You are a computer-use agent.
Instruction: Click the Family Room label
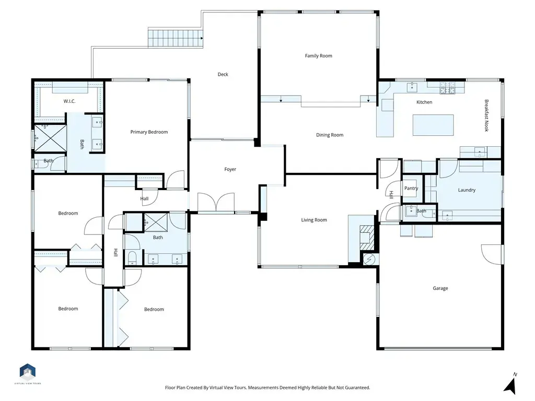[318, 55]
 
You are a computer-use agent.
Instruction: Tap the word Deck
[223, 74]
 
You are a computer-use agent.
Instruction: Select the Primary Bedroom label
[149, 132]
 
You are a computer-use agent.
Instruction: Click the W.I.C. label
[69, 101]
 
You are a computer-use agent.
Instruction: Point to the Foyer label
[230, 169]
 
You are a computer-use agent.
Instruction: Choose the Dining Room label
[330, 135]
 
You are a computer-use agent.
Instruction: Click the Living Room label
[314, 220]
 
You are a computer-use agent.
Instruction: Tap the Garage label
[440, 288]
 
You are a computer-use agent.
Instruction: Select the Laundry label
[467, 190]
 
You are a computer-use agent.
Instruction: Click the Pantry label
[411, 188]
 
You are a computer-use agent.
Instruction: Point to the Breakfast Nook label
[486, 115]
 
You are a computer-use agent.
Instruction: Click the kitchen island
[433, 125]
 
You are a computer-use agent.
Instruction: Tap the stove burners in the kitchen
[447, 88]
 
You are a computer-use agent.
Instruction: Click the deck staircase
[176, 38]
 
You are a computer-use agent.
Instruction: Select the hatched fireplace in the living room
[367, 238]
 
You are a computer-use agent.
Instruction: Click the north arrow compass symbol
[510, 383]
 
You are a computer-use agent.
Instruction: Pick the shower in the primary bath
[50, 138]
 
